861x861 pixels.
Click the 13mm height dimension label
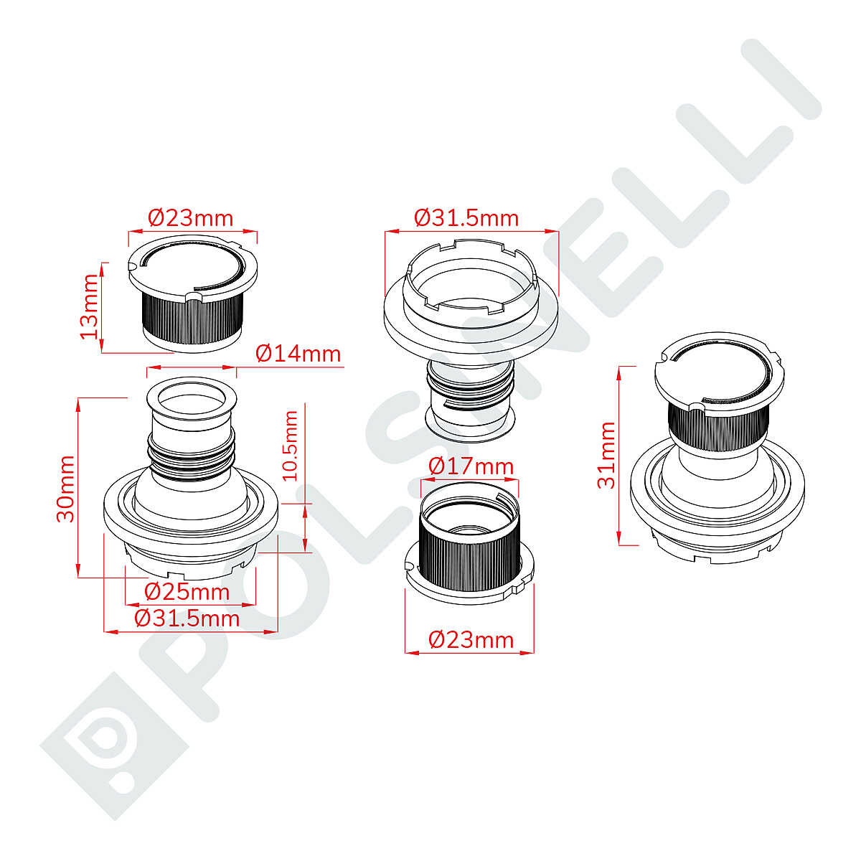coord(90,306)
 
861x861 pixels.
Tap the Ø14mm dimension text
coord(298,354)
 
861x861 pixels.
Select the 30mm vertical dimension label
coord(66,489)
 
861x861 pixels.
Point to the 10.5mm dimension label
coord(291,446)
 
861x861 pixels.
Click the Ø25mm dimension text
coord(187,592)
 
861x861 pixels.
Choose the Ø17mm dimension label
coord(471,466)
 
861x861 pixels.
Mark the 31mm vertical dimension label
coord(606,455)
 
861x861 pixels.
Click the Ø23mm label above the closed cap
coord(191,218)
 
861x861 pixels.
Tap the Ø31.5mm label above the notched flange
coord(466,218)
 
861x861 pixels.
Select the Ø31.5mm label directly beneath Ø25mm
coord(187,618)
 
